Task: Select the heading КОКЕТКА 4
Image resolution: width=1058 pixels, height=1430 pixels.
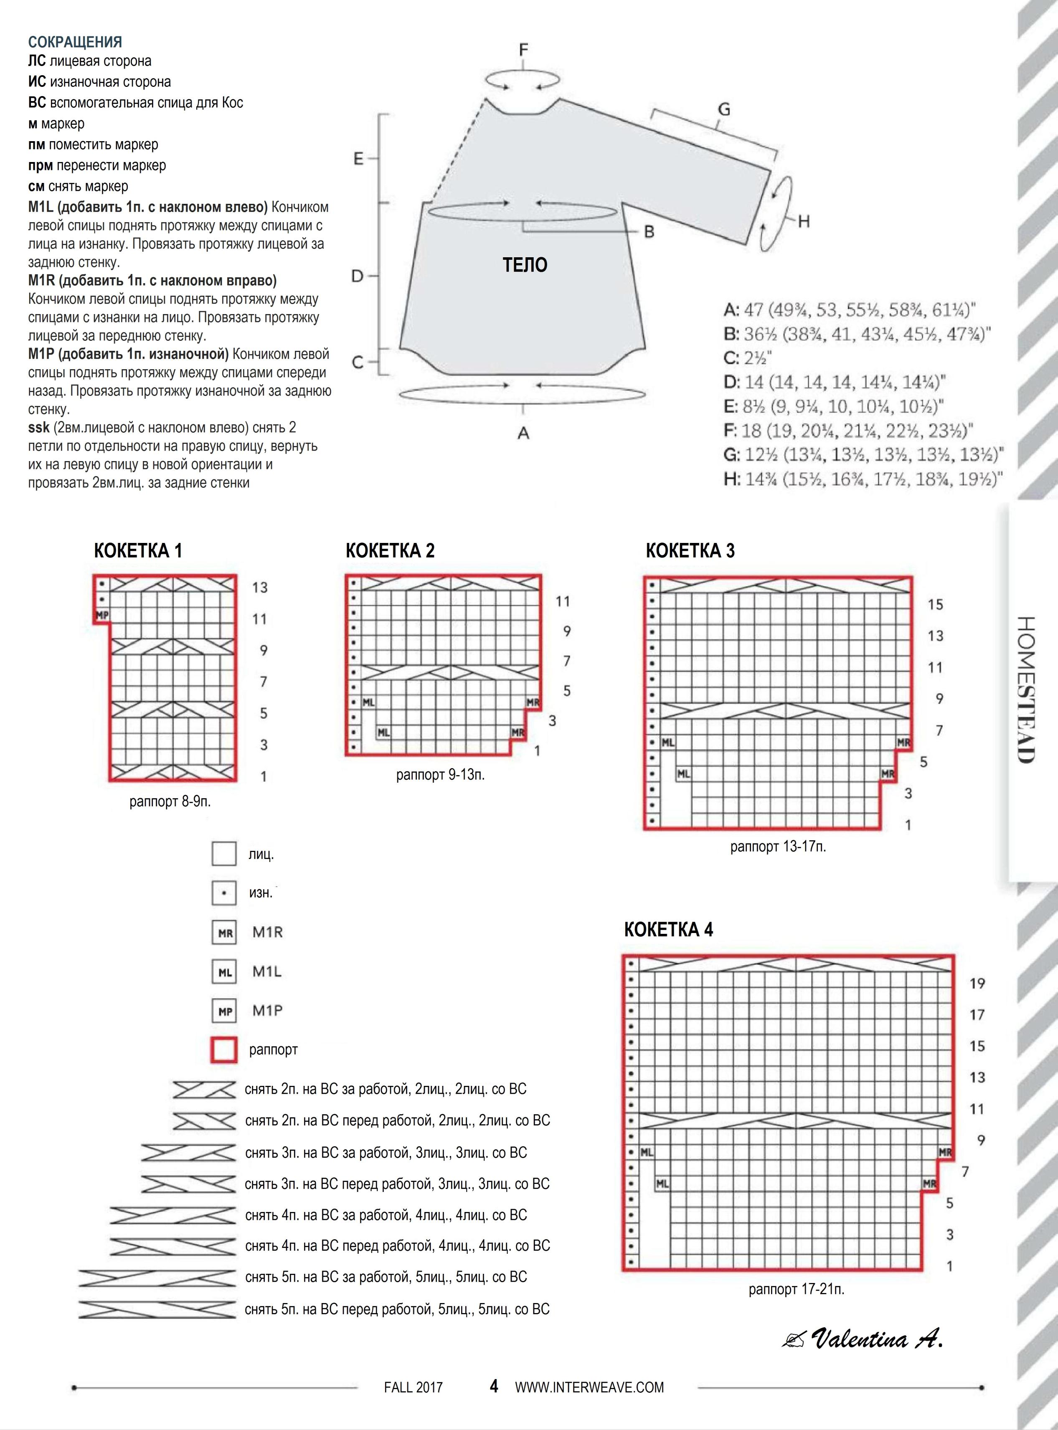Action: click(x=669, y=929)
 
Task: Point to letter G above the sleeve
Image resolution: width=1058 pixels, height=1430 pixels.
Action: click(x=724, y=109)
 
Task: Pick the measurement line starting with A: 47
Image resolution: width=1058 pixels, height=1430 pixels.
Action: click(x=850, y=310)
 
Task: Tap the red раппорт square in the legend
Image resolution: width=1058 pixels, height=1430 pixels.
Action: click(x=224, y=1050)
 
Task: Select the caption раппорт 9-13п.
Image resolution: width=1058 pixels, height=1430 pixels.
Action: click(x=440, y=775)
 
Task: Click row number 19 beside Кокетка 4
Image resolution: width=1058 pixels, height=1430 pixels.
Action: click(x=977, y=983)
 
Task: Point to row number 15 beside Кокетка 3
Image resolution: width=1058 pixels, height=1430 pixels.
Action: click(x=935, y=604)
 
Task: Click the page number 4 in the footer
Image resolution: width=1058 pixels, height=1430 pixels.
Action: click(x=494, y=1387)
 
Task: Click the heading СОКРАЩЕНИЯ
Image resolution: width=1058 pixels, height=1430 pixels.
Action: click(x=75, y=42)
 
